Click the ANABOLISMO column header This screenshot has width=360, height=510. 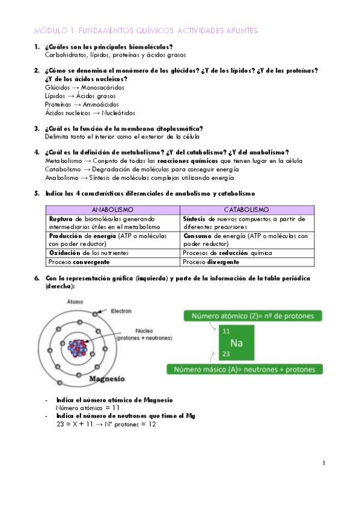[x=112, y=210]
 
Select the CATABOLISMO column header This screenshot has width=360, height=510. [x=246, y=210]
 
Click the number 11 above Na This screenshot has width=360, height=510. [x=226, y=331]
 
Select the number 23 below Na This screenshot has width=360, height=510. [x=226, y=354]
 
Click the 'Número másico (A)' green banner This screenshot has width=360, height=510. [x=245, y=369]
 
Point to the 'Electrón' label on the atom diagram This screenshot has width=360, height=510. [x=121, y=311]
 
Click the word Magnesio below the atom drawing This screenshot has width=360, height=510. [x=106, y=379]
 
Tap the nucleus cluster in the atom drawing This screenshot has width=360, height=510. [x=79, y=347]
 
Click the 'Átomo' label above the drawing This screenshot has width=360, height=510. [x=75, y=301]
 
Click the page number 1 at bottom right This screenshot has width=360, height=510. [x=323, y=463]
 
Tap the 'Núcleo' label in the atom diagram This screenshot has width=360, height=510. [x=144, y=331]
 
